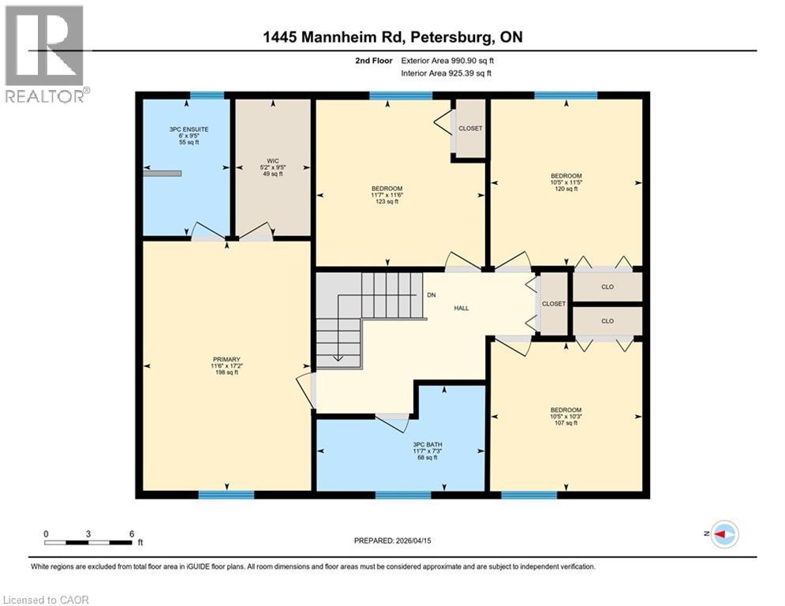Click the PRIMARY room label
226,366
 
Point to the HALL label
462,308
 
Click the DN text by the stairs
431,294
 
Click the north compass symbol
723,534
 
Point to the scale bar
88,542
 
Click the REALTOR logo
45,54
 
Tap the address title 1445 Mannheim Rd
392,37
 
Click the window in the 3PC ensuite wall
207,95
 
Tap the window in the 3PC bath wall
403,495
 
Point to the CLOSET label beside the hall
553,304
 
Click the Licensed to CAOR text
46,600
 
